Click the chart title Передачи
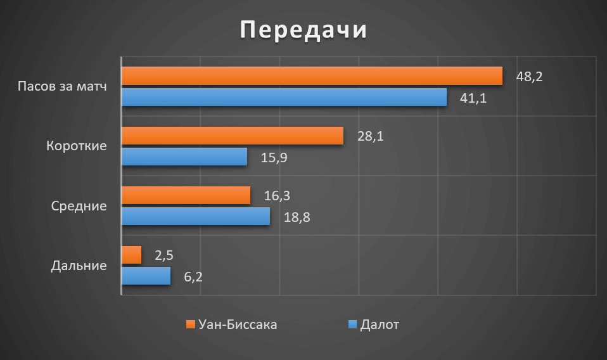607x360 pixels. click(x=303, y=30)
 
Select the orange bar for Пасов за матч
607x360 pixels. click(x=312, y=76)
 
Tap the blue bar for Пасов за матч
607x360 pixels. click(x=284, y=97)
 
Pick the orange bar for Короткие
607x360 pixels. click(x=233, y=136)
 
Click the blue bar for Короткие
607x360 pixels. click(x=184, y=157)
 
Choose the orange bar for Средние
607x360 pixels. click(x=186, y=195)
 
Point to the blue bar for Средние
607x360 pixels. click(x=195, y=217)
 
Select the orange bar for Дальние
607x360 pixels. click(x=131, y=255)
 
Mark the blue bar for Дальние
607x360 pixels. click(x=146, y=276)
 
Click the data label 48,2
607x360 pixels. click(x=530, y=77)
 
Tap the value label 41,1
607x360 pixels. click(x=473, y=98)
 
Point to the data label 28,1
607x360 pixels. click(x=371, y=136)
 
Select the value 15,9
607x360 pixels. click(x=274, y=157)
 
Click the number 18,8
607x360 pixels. click(x=297, y=217)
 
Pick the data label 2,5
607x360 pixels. click(x=163, y=255)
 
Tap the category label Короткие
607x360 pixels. click(x=76, y=146)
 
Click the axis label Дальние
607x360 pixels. click(x=78, y=266)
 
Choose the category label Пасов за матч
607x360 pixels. click(x=61, y=86)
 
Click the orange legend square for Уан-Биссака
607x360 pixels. click(x=189, y=325)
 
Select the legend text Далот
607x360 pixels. click(x=380, y=325)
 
